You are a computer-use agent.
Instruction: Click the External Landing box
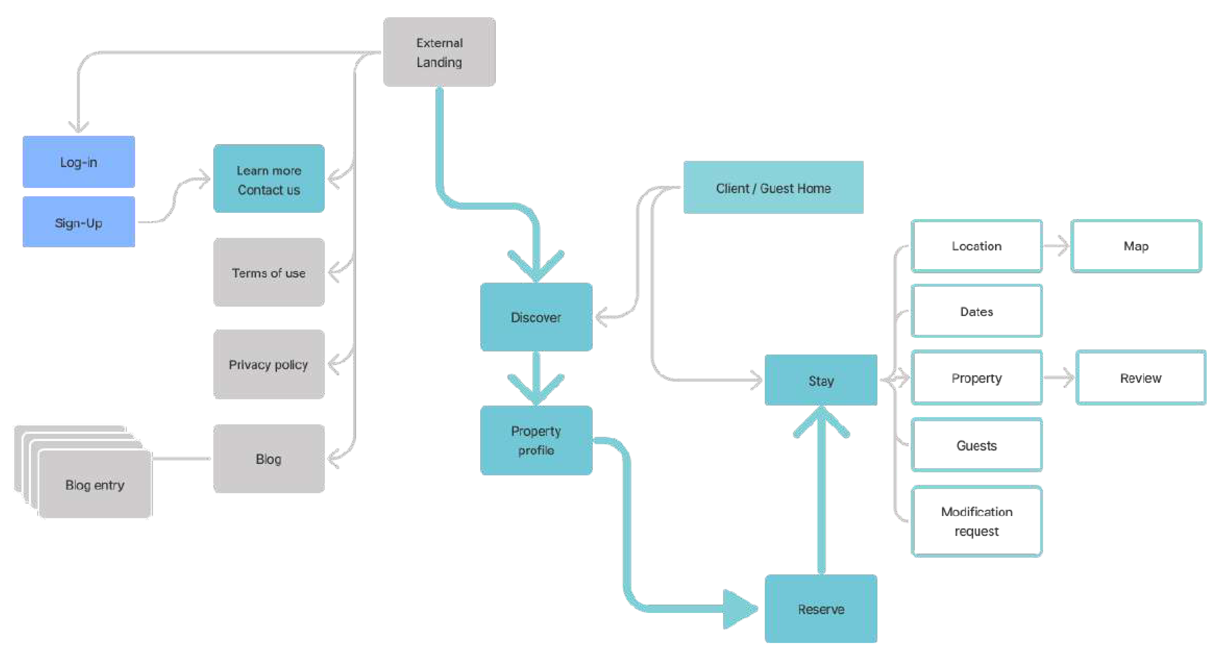[439, 52]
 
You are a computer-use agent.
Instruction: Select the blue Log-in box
[79, 162]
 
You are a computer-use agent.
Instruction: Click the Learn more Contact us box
[269, 179]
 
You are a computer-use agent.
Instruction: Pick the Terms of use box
[269, 273]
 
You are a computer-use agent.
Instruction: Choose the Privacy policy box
[269, 364]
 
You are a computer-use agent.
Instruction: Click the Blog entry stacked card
[95, 484]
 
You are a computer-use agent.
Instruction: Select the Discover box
[536, 317]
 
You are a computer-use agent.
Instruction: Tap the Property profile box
[536, 440]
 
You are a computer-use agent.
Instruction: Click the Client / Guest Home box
[773, 188]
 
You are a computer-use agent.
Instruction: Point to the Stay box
[821, 380]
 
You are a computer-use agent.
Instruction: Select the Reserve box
[821, 609]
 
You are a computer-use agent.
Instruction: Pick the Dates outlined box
[977, 312]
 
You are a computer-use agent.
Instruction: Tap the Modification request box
[977, 521]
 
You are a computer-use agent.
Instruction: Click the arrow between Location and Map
[1057, 246]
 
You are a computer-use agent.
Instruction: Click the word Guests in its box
[977, 446]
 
